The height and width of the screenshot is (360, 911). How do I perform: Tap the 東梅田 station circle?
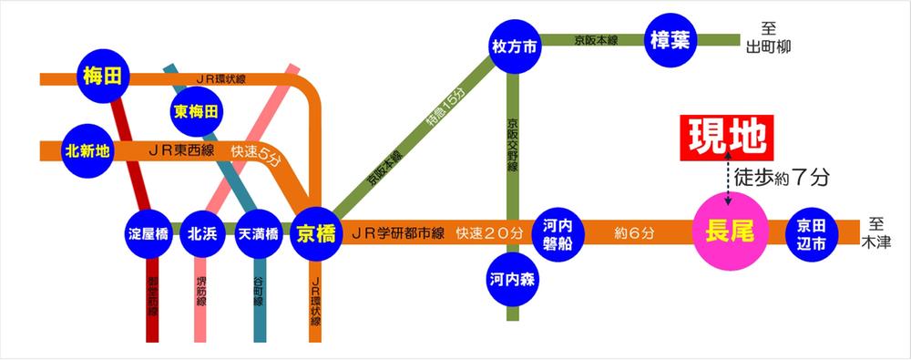coord(196,113)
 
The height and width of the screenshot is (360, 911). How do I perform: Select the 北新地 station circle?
coord(87,150)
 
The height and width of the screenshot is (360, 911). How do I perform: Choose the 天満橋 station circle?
coord(256,234)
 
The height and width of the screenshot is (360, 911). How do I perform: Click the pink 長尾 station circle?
coord(728,231)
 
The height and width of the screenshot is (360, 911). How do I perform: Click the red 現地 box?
coord(725,137)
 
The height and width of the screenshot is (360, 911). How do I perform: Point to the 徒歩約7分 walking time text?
coord(783,179)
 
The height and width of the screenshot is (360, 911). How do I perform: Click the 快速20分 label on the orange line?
coord(488,233)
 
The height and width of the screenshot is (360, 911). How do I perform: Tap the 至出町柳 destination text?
coord(769,38)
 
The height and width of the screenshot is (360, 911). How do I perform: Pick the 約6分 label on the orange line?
coord(635,233)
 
